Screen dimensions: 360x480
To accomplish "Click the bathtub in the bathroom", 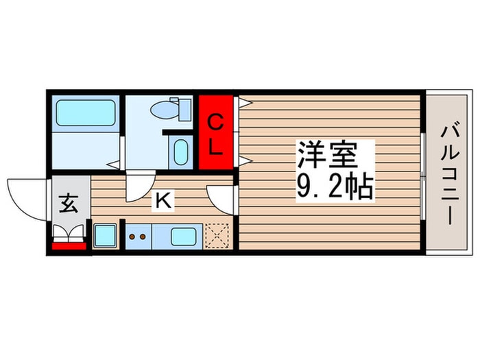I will point(86,112).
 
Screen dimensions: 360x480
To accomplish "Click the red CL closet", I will point(216,134).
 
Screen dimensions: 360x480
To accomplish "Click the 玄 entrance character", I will point(69,204).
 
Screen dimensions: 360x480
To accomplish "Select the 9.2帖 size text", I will point(335,187).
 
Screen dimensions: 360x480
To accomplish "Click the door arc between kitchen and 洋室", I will point(221,197).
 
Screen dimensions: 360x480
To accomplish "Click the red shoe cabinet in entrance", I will point(69,245).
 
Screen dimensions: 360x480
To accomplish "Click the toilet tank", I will point(184,108).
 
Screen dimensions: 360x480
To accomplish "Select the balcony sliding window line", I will point(422,174).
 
